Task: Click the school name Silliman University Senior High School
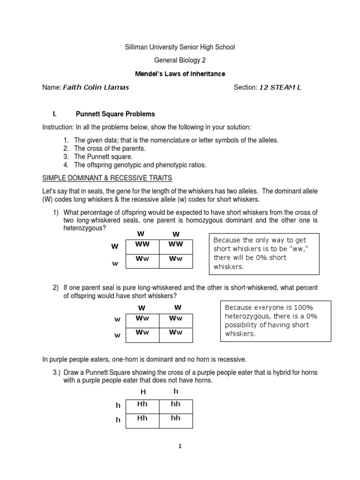(180, 47)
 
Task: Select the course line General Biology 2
(180, 60)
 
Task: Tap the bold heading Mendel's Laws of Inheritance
(180, 74)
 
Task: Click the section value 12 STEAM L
(280, 87)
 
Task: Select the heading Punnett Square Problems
(115, 114)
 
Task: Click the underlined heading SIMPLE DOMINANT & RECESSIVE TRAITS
(107, 178)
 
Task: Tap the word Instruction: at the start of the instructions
(57, 127)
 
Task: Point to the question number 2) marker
(55, 287)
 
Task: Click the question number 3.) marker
(57, 372)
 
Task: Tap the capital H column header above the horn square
(143, 391)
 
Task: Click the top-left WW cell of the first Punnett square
(140, 245)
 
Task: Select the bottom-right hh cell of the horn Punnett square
(176, 419)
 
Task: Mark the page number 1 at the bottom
(180, 446)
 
